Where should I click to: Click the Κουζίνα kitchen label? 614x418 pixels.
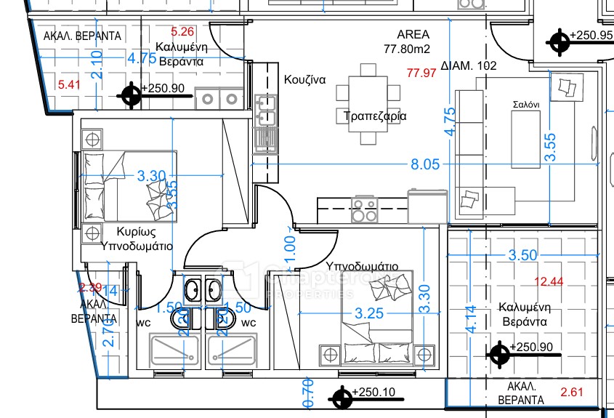tap(304, 79)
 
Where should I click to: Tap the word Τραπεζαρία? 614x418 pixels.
tap(374, 116)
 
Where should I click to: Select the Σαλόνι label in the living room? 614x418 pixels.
tap(525, 105)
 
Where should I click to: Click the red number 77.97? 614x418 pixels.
tap(421, 73)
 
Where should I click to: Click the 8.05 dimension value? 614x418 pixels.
tap(425, 164)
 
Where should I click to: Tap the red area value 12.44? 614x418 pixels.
tap(549, 281)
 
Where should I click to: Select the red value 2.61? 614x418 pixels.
tap(573, 393)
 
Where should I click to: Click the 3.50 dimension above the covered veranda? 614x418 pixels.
tap(523, 255)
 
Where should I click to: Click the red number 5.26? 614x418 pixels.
tap(182, 31)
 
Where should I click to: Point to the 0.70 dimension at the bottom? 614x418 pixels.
tap(307, 393)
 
